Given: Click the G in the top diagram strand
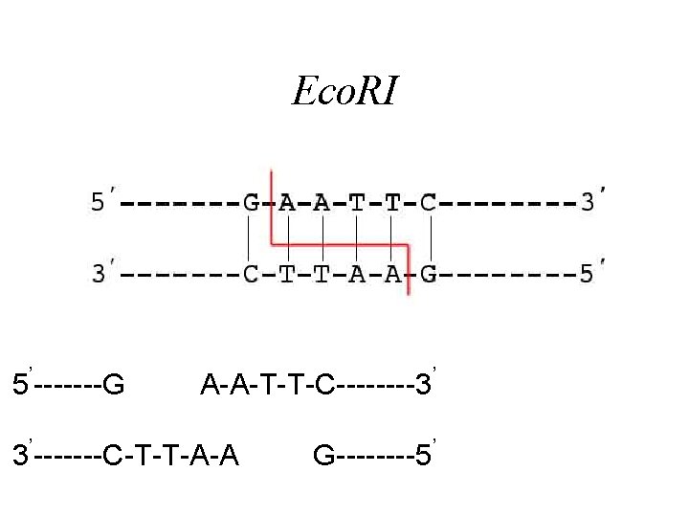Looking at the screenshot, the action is pos(250,204).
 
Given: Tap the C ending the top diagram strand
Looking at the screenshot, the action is pos(429,204).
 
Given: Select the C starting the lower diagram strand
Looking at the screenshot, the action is pos(250,275).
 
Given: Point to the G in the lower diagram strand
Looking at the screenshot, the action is pos(429,275).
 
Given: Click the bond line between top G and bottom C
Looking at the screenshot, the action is pos(249,238).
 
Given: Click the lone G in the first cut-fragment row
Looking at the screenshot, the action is pos(113,386).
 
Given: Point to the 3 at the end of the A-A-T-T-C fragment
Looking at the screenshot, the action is pos(421,386).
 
